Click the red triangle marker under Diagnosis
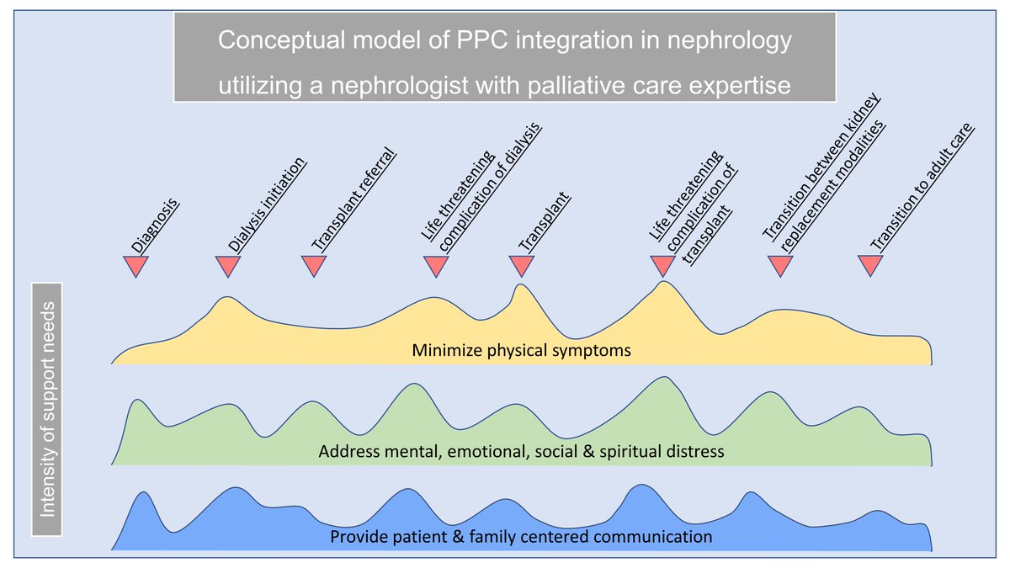pos(136,266)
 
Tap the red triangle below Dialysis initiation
pos(229,266)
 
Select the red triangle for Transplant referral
pos(314,266)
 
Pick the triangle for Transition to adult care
pos(870,266)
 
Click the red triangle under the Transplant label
pos(522,266)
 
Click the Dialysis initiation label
pos(268,205)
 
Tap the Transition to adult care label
pos(922,188)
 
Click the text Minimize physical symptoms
pos(521,351)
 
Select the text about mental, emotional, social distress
pos(521,452)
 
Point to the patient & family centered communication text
pos(521,537)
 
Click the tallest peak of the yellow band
pos(665,283)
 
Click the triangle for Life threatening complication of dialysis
pos(435,266)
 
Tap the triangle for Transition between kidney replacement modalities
pos(780,266)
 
